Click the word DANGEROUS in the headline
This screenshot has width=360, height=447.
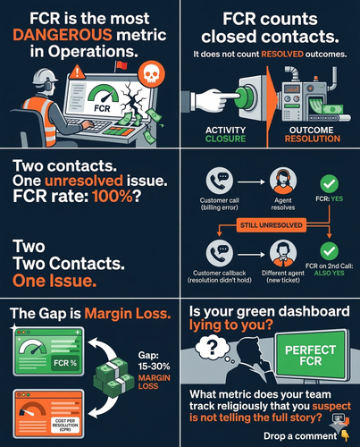(63, 35)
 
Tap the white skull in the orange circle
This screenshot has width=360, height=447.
(152, 74)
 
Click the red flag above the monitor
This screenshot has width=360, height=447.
(121, 65)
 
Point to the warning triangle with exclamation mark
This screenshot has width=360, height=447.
(78, 72)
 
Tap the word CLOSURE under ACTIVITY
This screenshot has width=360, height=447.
(225, 139)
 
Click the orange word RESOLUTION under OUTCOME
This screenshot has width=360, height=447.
(313, 139)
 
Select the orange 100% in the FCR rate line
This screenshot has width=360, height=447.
(113, 197)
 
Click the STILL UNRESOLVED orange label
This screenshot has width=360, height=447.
(272, 225)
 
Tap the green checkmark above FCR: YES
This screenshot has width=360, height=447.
(330, 184)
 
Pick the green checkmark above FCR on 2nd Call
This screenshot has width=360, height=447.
(330, 251)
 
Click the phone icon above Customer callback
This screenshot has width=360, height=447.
(220, 253)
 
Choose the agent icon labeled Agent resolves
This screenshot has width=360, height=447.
(283, 181)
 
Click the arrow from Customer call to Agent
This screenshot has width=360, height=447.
(251, 182)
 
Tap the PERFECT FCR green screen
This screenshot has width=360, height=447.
(311, 355)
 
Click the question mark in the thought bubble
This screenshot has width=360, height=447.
(212, 347)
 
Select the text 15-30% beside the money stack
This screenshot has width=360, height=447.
(154, 367)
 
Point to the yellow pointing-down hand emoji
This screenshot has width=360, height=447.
(346, 435)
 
